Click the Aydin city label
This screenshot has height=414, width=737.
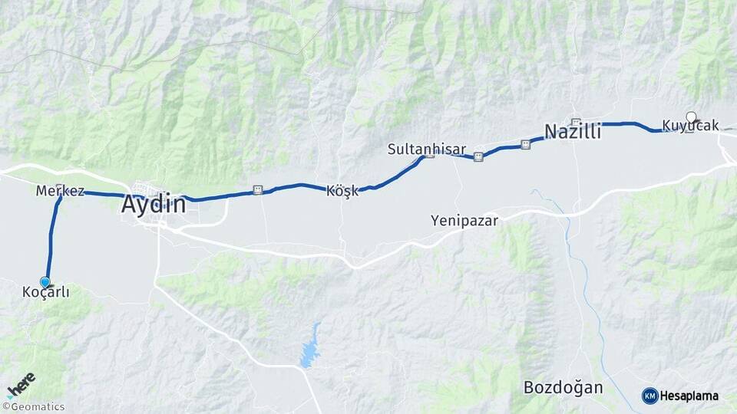[154, 205]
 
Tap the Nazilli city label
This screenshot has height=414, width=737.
[572, 132]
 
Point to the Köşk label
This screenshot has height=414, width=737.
[342, 191]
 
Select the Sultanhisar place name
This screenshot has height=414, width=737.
[416, 149]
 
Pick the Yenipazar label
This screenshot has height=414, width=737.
[464, 221]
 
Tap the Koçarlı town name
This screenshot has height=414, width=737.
[46, 292]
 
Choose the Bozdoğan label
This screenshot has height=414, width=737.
[563, 387]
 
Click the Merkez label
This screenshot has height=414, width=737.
[60, 191]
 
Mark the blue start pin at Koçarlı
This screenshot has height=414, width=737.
[45, 282]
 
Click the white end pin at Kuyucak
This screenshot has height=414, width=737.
[691, 117]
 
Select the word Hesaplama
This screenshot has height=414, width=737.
[689, 396]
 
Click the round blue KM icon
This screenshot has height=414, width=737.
[649, 396]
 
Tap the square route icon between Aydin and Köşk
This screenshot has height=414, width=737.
[258, 189]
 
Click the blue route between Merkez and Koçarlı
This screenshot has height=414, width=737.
[52, 238]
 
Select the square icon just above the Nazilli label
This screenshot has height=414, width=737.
[576, 121]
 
